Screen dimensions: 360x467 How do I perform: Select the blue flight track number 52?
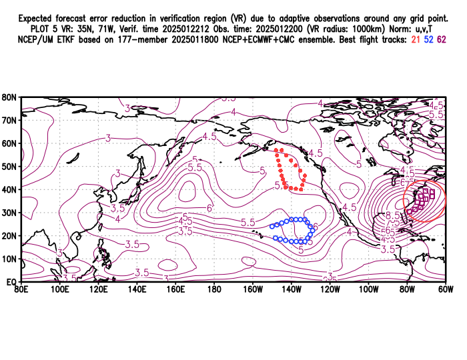tap(430, 40)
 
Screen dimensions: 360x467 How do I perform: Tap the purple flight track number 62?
tap(442, 40)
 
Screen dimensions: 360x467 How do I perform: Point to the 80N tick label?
tap(9, 97)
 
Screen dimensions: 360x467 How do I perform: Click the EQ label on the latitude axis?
tap(11, 282)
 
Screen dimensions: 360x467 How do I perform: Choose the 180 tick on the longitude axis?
tap(214, 290)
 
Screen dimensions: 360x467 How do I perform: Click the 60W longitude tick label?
tap(446, 290)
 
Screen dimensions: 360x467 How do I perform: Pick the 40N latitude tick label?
tap(9, 189)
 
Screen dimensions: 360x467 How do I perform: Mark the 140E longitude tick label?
tap(137, 290)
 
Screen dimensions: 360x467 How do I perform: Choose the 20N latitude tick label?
tap(9, 236)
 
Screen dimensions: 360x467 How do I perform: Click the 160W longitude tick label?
tap(253, 290)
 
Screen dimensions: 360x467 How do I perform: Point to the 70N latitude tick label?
tap(9, 121)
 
